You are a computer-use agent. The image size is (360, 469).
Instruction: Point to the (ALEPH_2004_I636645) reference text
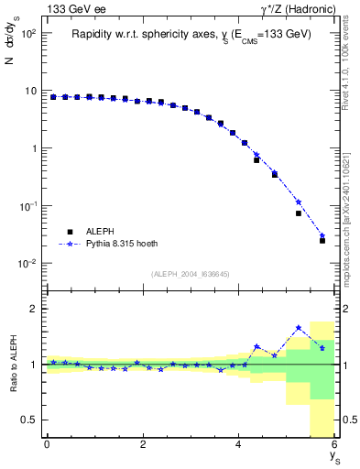pos(191,273)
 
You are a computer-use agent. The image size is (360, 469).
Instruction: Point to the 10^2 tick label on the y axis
pos(29,34)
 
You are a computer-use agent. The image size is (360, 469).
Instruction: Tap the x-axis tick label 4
pos(239,444)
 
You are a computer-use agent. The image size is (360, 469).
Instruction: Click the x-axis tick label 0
pos(47,444)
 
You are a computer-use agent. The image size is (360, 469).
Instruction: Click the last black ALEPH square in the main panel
pos(322,241)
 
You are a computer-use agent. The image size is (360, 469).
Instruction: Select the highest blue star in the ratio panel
pos(299,327)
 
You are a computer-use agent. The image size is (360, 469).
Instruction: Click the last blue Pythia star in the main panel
pos(322,235)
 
